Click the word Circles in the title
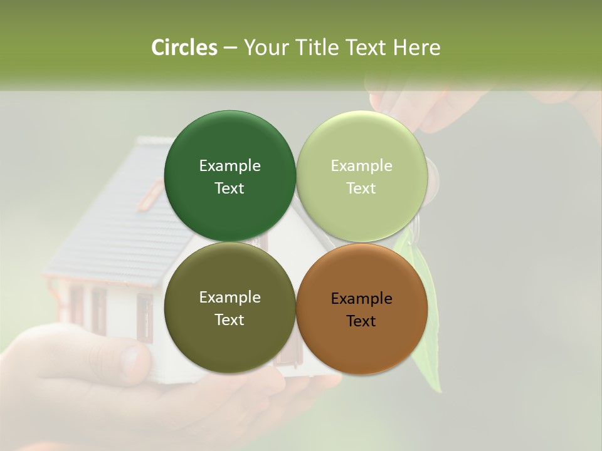pyautogui.click(x=184, y=48)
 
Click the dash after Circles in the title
pyautogui.click(x=230, y=48)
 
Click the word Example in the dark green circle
pyautogui.click(x=230, y=166)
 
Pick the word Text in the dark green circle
pyautogui.click(x=230, y=189)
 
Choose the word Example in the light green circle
pyautogui.click(x=361, y=166)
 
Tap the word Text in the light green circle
pyautogui.click(x=361, y=189)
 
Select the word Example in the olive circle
pyautogui.click(x=230, y=298)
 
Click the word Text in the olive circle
pyautogui.click(x=230, y=320)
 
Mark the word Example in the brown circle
pyautogui.click(x=361, y=299)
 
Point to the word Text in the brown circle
pyautogui.click(x=361, y=321)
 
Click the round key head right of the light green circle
pyautogui.click(x=432, y=179)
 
